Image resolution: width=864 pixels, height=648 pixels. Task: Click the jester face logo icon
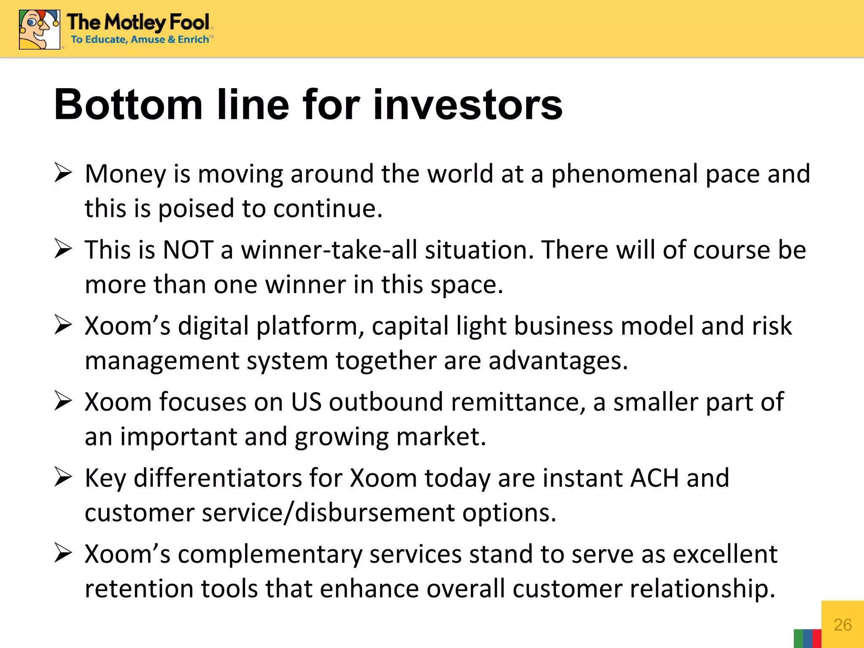(x=39, y=30)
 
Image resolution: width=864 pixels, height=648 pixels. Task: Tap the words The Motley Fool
(x=138, y=22)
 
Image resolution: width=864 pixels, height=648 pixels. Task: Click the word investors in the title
(x=468, y=104)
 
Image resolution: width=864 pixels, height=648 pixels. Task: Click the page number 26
(x=842, y=625)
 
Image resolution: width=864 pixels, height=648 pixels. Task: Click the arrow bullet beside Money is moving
(x=63, y=173)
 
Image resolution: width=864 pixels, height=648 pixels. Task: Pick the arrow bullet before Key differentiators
(x=63, y=478)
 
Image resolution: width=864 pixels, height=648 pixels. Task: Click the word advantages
(x=558, y=361)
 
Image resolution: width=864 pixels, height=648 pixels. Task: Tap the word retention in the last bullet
(x=139, y=589)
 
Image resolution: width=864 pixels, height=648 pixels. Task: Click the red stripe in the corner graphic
(x=817, y=639)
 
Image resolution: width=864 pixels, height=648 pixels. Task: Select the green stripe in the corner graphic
(x=798, y=639)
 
